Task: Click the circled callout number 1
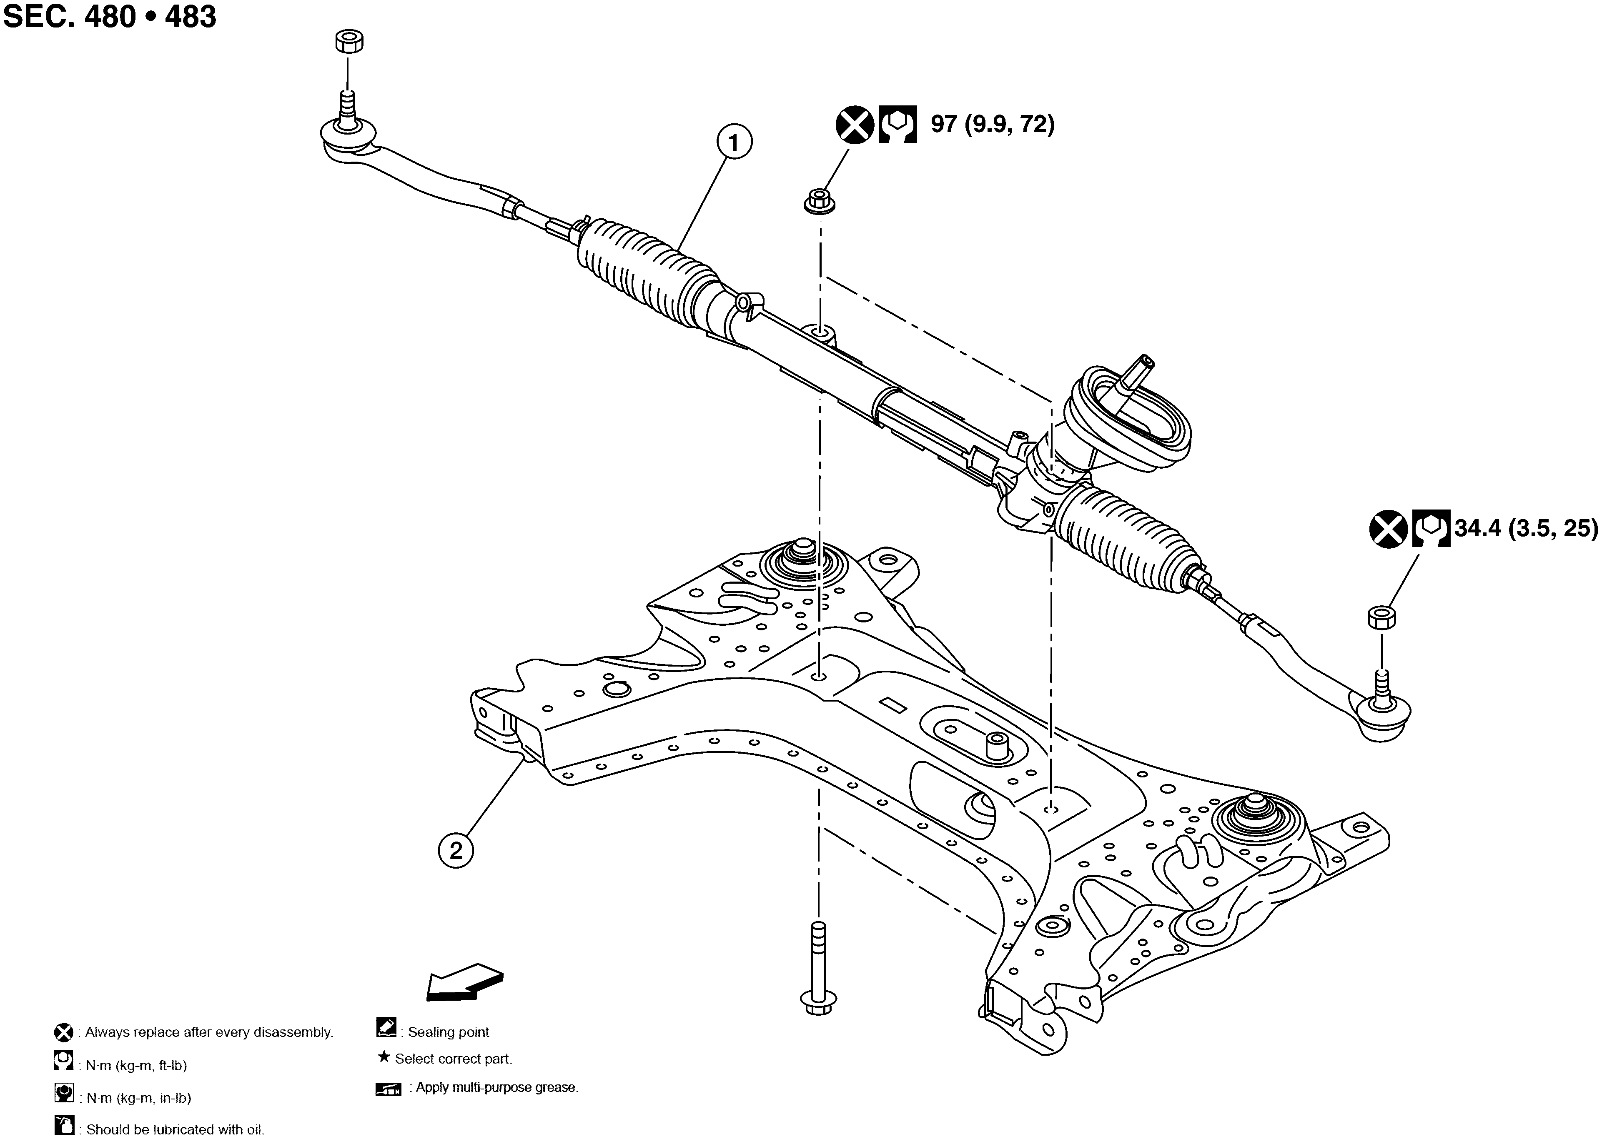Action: point(734,143)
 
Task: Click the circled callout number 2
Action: point(456,851)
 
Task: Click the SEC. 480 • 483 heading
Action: point(110,17)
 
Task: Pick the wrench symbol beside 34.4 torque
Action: point(1431,529)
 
